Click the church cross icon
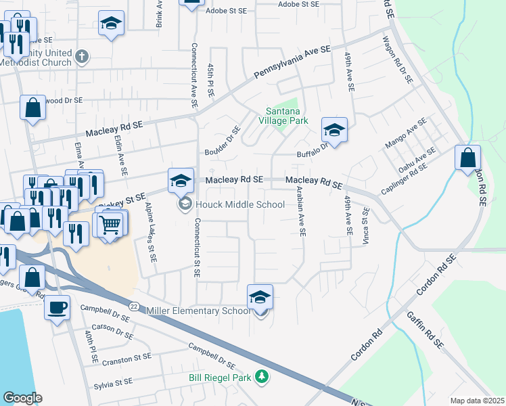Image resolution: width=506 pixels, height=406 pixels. coord(82,56)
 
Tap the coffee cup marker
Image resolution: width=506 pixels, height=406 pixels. coord(57,307)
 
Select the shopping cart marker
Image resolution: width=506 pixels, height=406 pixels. coord(111,224)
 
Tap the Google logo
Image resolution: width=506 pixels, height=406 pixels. coord(22,398)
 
